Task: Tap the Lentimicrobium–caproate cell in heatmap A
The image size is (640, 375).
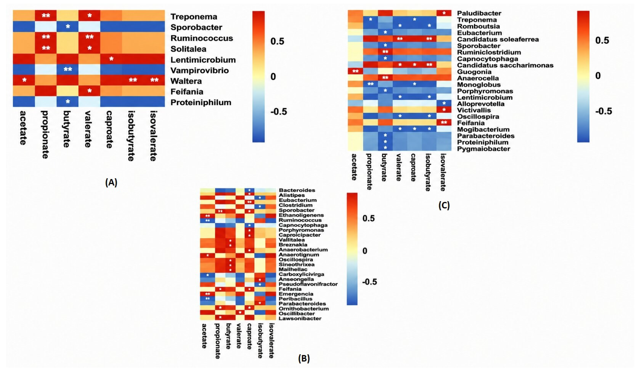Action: point(111,59)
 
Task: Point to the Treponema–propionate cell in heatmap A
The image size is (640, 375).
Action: point(46,15)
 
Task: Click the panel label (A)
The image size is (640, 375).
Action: point(111,182)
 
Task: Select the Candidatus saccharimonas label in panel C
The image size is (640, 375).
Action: point(505,65)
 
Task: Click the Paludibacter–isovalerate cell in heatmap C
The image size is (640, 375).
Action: point(444,13)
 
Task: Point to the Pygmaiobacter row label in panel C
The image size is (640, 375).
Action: point(484,149)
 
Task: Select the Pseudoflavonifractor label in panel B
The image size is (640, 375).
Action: point(308,284)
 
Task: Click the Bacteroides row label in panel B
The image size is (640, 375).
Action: point(297,190)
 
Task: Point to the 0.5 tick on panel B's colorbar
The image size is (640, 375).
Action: point(368,218)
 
